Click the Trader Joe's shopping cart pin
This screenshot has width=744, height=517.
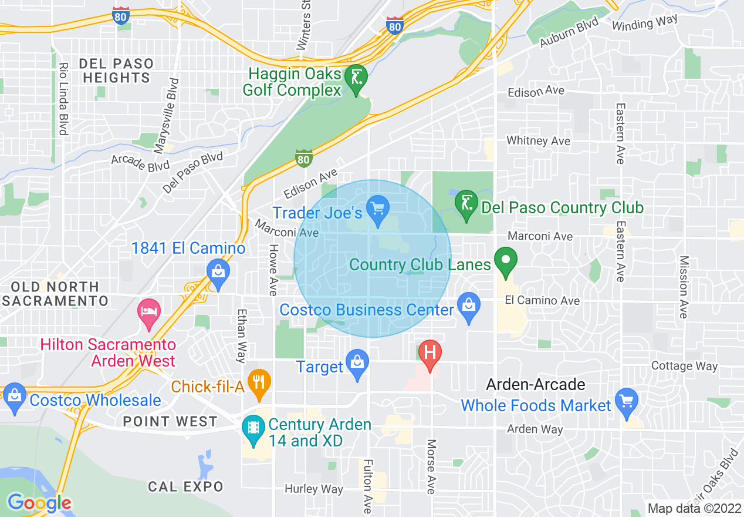(378, 209)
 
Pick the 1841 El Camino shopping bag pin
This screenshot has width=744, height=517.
(218, 273)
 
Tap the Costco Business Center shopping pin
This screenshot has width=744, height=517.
(468, 306)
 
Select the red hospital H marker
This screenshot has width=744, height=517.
(430, 354)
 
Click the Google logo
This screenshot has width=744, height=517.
(39, 503)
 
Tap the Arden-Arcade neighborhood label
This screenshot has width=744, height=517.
(535, 385)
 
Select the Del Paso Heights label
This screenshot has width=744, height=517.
(116, 70)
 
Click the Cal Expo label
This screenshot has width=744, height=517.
(185, 486)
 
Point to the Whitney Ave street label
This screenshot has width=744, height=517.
(538, 141)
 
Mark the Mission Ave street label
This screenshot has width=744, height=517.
(683, 287)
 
